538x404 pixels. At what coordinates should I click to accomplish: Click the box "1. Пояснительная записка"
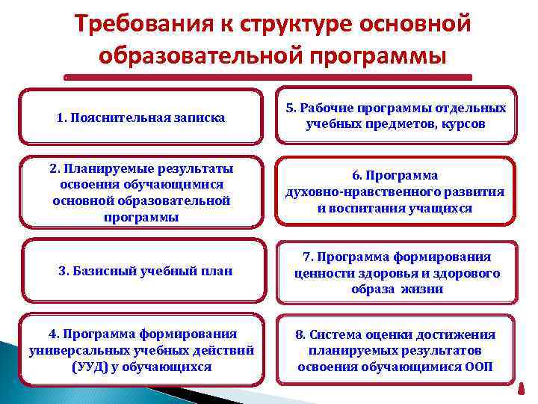pos(141,117)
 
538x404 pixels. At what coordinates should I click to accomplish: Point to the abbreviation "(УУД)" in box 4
pos(91,367)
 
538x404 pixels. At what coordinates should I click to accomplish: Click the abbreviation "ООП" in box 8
pos(478,367)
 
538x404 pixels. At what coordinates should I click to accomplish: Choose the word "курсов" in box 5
pos(462,124)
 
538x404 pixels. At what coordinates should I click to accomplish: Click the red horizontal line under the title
pos(268,77)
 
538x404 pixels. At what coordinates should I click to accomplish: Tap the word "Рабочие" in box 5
pos(330,108)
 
